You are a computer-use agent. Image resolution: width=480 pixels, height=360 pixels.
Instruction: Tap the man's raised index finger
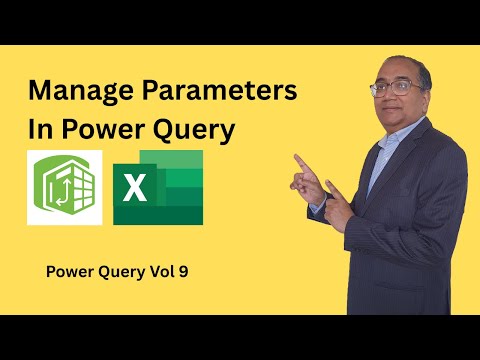[298, 159]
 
